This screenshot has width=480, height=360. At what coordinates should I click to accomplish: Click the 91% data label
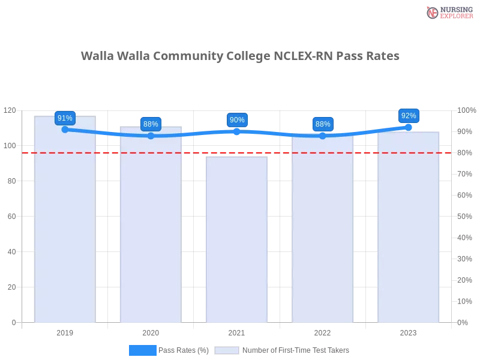click(65, 118)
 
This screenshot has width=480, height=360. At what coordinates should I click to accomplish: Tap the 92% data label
click(409, 116)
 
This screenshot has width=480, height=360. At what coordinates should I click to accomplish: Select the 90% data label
click(237, 120)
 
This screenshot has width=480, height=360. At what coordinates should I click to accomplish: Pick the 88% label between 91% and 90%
click(151, 124)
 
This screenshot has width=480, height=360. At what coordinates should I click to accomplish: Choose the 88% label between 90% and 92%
click(323, 124)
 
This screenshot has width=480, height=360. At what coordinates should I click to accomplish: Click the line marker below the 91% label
click(65, 129)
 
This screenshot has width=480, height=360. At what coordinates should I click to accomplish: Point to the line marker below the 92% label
click(409, 127)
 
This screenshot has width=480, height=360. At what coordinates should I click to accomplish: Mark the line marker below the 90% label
click(237, 131)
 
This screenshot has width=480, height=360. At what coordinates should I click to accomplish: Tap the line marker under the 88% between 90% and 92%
click(323, 136)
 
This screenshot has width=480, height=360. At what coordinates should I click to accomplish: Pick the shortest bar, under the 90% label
click(237, 240)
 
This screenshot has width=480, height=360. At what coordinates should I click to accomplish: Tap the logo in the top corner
click(448, 12)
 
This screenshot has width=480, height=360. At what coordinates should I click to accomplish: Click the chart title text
click(240, 56)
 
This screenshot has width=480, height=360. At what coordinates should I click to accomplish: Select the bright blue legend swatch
click(142, 350)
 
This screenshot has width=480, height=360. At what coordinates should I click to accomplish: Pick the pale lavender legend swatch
click(227, 350)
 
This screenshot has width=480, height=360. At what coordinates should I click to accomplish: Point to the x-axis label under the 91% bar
click(65, 332)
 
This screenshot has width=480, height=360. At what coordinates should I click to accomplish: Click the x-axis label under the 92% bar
click(409, 332)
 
